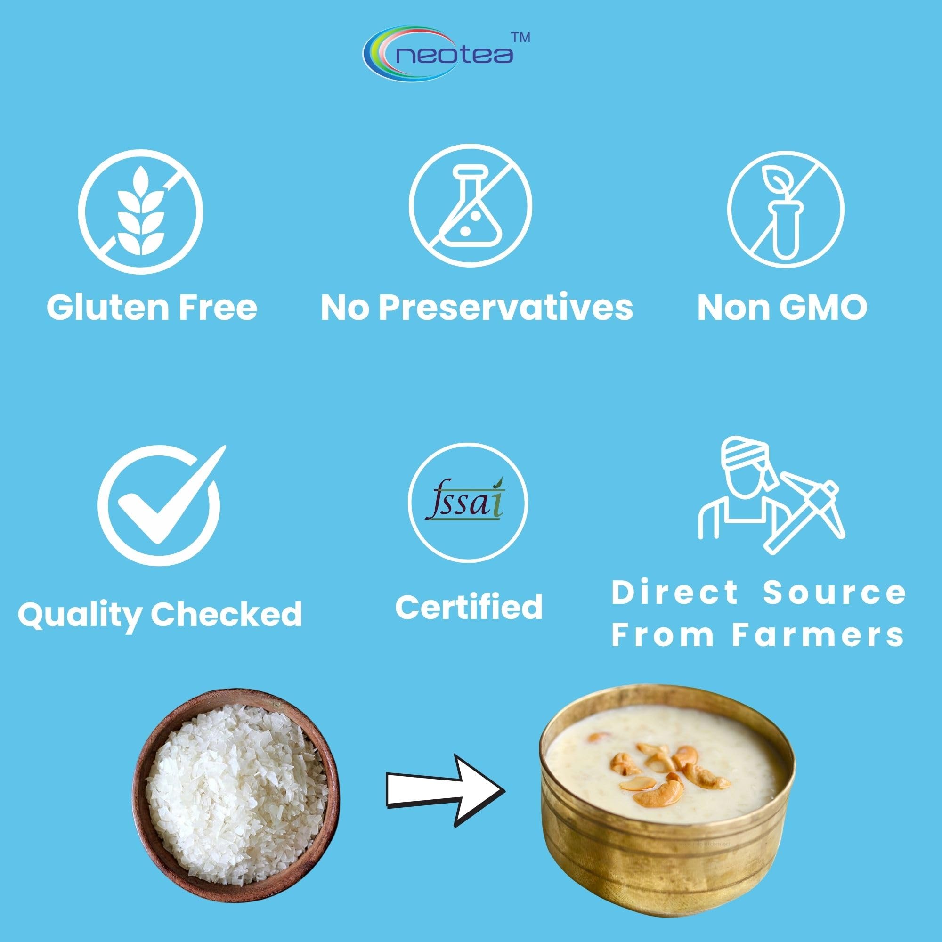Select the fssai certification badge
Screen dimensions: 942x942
tap(468, 503)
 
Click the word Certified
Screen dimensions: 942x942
tap(469, 607)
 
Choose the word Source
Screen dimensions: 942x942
tap(834, 593)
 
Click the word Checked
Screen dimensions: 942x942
tap(226, 613)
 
